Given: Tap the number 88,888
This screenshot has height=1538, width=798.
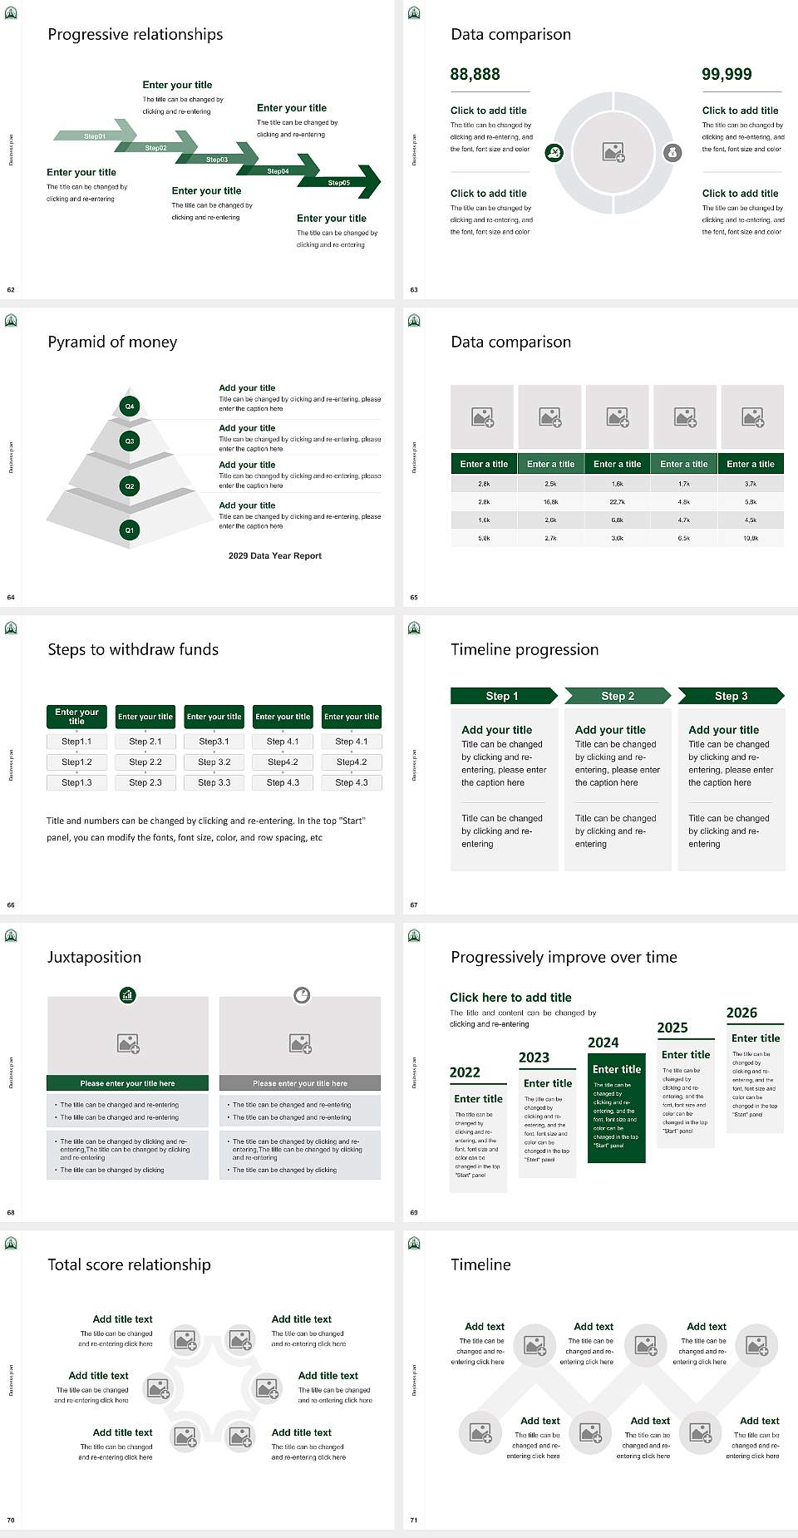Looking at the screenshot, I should tap(475, 74).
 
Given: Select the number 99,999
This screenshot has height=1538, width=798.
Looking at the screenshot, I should tap(727, 74).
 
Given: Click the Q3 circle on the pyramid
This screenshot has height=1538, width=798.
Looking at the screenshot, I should tap(130, 441).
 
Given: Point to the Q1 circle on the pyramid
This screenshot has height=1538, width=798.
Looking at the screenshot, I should tap(130, 530).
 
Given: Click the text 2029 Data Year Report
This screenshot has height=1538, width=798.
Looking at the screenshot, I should tap(274, 555).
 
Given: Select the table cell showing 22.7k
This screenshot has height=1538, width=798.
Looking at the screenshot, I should tap(617, 502).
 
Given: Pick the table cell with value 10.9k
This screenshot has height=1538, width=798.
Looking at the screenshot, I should tap(751, 538).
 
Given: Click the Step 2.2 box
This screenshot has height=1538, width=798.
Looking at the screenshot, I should tap(145, 762).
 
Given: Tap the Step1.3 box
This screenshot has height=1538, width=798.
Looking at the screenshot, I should tap(76, 782).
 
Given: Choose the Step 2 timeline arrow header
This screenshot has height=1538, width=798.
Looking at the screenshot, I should tap(618, 696).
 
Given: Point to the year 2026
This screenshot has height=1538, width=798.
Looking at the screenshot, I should tap(741, 1013).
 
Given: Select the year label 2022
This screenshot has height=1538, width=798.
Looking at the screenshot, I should tap(465, 1072).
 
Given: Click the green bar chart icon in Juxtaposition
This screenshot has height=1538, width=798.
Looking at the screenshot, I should tap(127, 994).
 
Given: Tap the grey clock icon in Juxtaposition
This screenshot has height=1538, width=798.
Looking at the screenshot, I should tap(302, 994).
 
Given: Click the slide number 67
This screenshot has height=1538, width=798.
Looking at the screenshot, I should tap(414, 905).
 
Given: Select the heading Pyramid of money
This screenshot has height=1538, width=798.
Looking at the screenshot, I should tap(112, 342).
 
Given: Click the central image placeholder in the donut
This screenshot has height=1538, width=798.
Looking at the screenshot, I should tap(613, 152).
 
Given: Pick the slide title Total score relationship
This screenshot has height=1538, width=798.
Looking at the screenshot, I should tap(129, 1264).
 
